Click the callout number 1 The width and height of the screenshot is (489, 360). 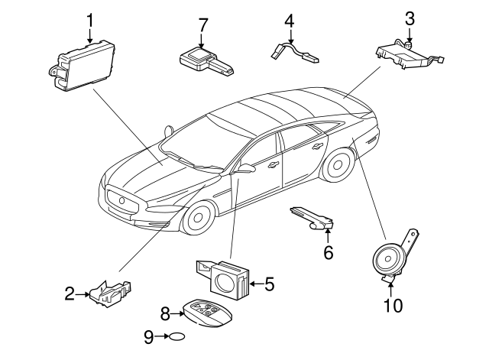pyautogui.click(x=90, y=21)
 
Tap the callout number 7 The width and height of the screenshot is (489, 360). pyautogui.click(x=202, y=25)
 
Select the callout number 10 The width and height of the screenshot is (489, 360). pyautogui.click(x=393, y=306)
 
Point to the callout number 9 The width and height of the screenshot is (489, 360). pyautogui.click(x=149, y=337)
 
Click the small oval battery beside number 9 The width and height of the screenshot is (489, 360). pyautogui.click(x=176, y=336)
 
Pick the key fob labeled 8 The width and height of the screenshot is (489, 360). pyautogui.click(x=208, y=313)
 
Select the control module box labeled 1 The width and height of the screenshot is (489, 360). pyautogui.click(x=82, y=66)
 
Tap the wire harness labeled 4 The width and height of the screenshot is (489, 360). pyautogui.click(x=294, y=53)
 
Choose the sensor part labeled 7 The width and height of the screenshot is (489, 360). pyautogui.click(x=206, y=61)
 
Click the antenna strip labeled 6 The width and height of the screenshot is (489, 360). pyautogui.click(x=313, y=218)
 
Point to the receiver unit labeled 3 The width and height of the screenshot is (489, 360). pyautogui.click(x=410, y=55)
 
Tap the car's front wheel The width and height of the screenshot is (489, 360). pyautogui.click(x=198, y=218)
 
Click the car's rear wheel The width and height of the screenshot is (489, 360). pyautogui.click(x=338, y=164)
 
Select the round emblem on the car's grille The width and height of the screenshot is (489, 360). pyautogui.click(x=121, y=200)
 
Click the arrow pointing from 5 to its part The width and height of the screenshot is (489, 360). pyautogui.click(x=256, y=284)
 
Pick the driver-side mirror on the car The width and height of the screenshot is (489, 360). pyautogui.click(x=244, y=168)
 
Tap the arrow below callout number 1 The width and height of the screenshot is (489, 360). pyautogui.click(x=90, y=36)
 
